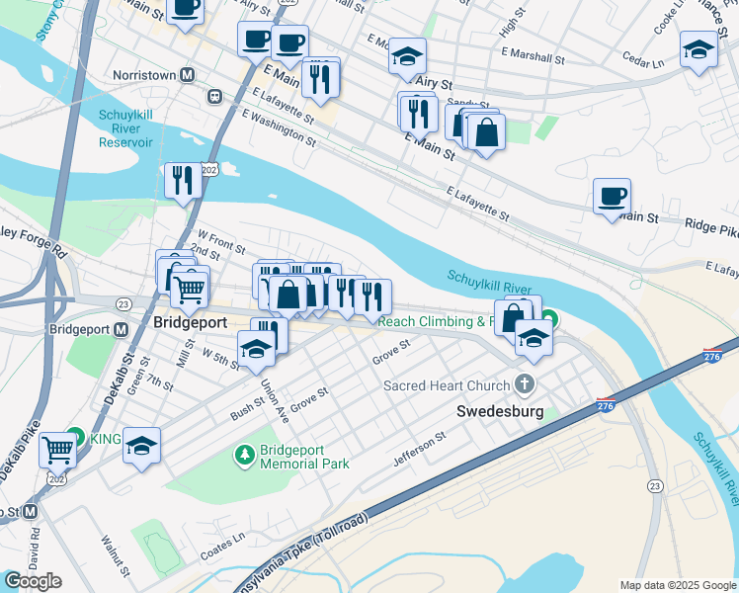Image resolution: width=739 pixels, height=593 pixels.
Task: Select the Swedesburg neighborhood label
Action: click(x=500, y=410)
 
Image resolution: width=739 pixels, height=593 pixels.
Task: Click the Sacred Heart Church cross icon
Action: click(x=525, y=383)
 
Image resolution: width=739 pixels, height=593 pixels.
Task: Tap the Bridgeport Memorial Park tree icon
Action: click(x=243, y=454)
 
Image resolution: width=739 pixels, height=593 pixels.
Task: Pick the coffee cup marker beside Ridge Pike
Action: click(x=612, y=196)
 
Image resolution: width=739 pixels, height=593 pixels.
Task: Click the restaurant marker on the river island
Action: click(x=183, y=180)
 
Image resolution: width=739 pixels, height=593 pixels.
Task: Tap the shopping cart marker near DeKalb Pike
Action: click(x=57, y=450)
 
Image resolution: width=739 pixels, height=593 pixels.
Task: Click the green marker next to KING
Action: click(x=75, y=437)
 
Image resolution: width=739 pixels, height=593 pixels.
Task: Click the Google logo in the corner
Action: click(x=33, y=581)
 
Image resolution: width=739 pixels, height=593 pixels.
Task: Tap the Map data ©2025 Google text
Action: click(x=678, y=585)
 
